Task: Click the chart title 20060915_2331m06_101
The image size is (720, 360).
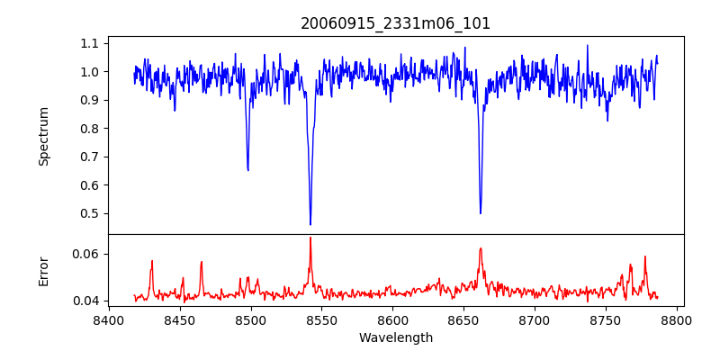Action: [x=396, y=23]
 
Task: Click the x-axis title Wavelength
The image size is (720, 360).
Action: [x=396, y=338]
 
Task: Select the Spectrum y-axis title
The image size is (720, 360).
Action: [x=43, y=136]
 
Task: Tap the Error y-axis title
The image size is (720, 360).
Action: [x=43, y=271]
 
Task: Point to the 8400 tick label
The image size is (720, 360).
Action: [x=109, y=319]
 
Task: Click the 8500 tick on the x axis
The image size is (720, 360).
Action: [x=251, y=319]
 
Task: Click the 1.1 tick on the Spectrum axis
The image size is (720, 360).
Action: [x=90, y=43]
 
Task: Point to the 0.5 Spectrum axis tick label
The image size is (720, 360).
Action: [x=90, y=213]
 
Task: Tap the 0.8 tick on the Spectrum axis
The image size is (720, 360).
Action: [x=90, y=129]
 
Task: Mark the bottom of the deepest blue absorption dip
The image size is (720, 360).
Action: [x=310, y=224]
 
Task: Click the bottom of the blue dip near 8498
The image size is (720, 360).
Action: [x=247, y=170]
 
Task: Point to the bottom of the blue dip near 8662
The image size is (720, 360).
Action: [x=481, y=213]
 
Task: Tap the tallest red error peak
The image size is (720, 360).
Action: [x=310, y=238]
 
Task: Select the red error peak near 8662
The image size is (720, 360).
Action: [x=481, y=248]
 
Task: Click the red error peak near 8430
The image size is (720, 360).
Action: [x=152, y=261]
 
